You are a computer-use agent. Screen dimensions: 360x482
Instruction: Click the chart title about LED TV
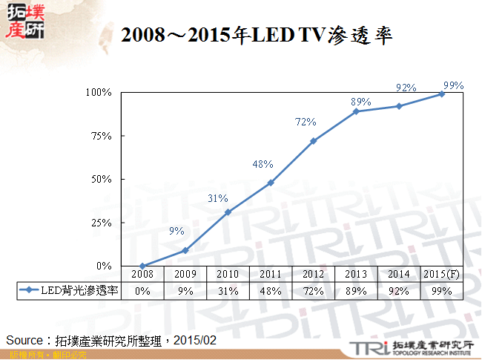257,34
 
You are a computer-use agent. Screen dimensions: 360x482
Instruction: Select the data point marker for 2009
185,250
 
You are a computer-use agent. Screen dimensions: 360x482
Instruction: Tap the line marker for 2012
313,141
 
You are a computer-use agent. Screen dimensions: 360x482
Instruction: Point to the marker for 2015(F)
442,94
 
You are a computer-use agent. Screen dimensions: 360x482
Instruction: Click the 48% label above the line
263,165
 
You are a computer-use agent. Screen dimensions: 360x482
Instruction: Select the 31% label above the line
217,198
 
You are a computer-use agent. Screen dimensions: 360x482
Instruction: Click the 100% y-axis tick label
98,93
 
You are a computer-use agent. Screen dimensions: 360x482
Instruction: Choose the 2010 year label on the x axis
228,275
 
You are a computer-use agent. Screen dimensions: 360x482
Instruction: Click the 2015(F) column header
442,275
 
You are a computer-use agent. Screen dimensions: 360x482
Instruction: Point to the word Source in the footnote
23,340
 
